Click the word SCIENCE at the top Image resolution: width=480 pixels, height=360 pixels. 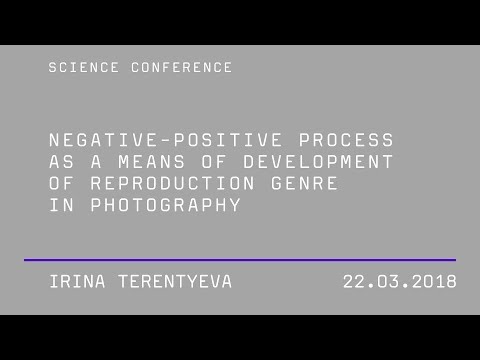point(78,68)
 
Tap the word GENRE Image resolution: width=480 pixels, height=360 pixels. point(306,184)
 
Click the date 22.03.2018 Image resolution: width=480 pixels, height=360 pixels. point(400,282)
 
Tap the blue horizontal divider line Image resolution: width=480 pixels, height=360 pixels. point(240,260)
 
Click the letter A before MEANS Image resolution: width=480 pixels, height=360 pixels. point(93,162)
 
